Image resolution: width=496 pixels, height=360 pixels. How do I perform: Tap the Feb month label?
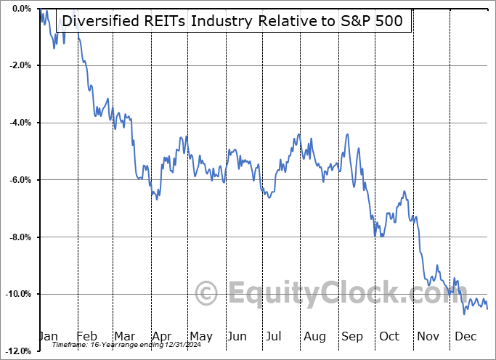pos(87,337)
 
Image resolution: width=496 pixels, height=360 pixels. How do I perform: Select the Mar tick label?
pos(124,337)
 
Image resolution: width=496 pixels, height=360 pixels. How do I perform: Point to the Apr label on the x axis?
pos(162,337)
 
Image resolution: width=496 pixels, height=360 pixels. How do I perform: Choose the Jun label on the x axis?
pos(237,337)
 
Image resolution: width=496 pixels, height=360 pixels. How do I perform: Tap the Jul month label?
pos(275,337)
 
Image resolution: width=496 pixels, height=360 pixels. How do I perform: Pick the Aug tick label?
pos(314,337)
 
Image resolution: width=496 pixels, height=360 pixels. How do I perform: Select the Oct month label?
pos(389,337)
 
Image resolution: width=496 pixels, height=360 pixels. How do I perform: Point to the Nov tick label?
pos(427,337)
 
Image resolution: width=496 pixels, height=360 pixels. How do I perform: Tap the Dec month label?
pos(465,337)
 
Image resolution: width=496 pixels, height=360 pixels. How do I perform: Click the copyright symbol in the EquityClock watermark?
pos(206,293)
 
